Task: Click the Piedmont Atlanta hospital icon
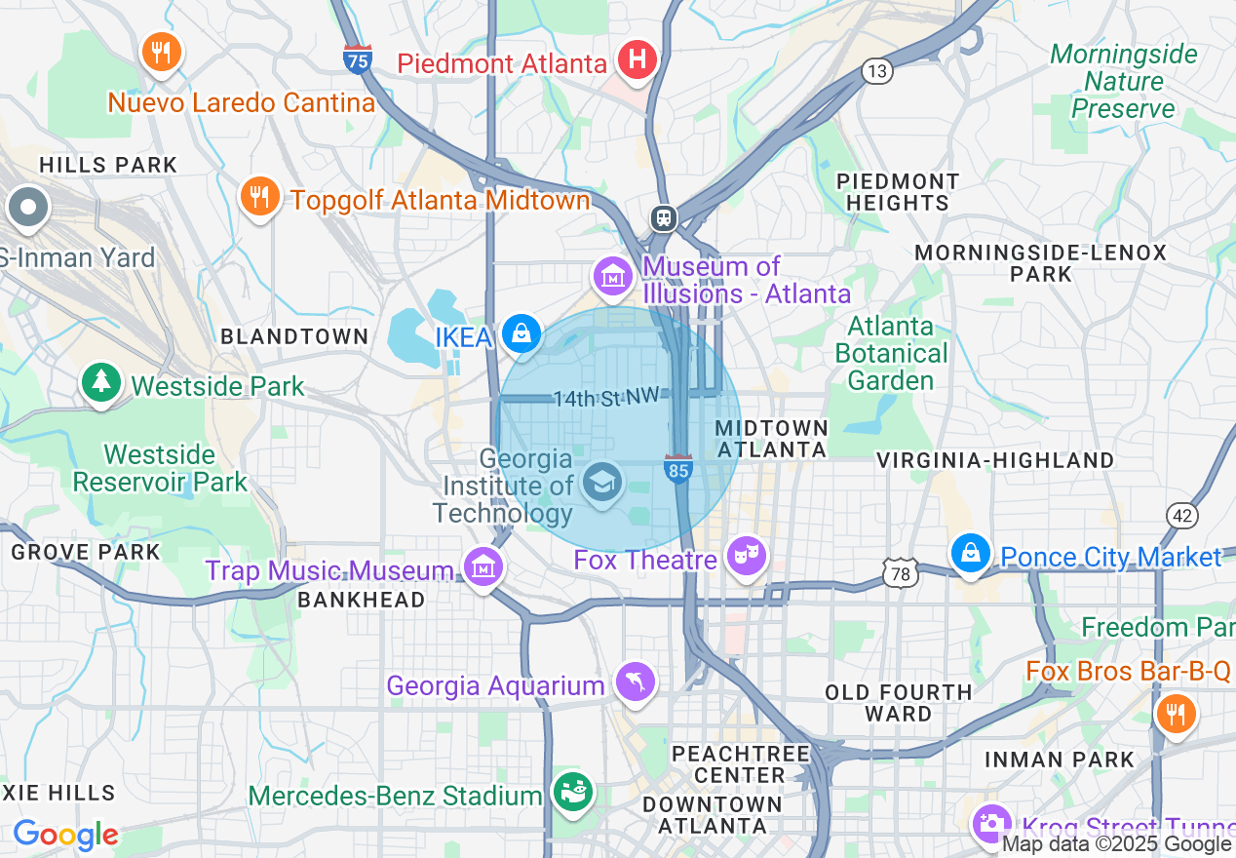[x=637, y=60]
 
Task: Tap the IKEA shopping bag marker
[x=521, y=334]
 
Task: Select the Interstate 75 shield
[x=358, y=59]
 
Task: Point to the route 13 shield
[x=877, y=70]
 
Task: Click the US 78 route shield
[x=900, y=574]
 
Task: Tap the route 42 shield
[x=1181, y=516]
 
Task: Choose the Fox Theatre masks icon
[x=748, y=557]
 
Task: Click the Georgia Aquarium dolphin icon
[x=636, y=682]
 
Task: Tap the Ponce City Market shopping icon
[x=971, y=553]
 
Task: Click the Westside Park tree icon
[x=100, y=382]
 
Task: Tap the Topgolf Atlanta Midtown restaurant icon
[x=258, y=197]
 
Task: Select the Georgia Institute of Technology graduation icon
[x=601, y=482]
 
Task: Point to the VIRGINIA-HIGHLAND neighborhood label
[x=995, y=460]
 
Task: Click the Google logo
[x=64, y=835]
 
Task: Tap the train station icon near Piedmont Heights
[x=665, y=217]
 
